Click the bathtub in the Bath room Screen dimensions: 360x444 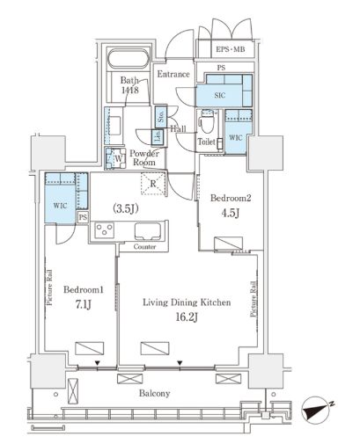[129, 60]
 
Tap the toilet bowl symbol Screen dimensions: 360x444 [206, 123]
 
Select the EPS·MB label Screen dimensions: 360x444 [231, 49]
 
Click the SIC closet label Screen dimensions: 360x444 [219, 95]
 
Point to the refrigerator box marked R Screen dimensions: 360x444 [153, 184]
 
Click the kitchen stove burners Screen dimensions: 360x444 [105, 230]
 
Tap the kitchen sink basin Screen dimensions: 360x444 [148, 231]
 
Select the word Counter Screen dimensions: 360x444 [144, 247]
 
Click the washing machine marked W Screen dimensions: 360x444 [115, 158]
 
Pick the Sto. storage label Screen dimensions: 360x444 [161, 117]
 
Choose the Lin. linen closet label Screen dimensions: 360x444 [158, 137]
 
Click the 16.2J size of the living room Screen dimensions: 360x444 [187, 317]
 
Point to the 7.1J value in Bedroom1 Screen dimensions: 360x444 [84, 305]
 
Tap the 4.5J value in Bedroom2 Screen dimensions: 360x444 [231, 213]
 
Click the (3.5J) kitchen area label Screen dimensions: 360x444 [126, 208]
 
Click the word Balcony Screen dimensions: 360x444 [155, 393]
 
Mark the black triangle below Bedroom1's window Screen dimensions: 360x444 [98, 363]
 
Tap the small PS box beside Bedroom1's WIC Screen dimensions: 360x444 [83, 217]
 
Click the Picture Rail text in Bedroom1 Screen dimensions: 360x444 [49, 288]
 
